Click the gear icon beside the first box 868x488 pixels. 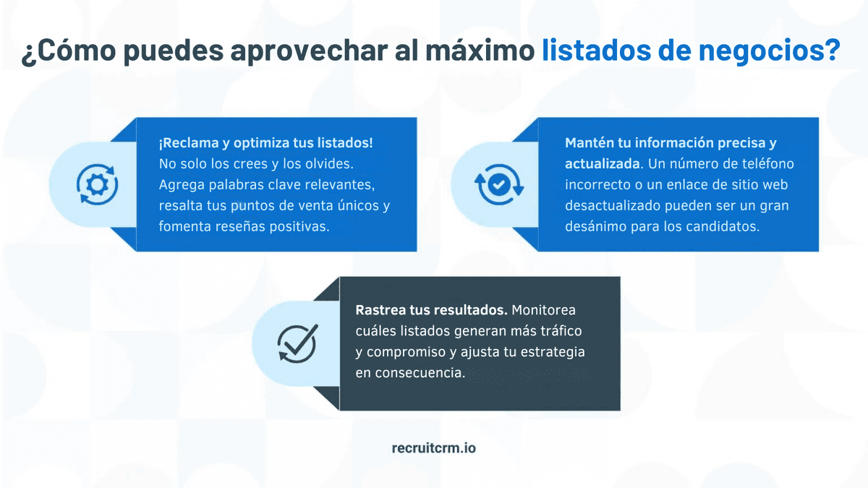pyautogui.click(x=93, y=185)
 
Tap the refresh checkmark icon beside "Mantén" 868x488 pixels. pyautogui.click(x=498, y=185)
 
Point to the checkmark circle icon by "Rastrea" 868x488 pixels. pyautogui.click(x=297, y=343)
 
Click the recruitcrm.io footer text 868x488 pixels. pyautogui.click(x=433, y=448)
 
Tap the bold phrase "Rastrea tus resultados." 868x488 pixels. pyautogui.click(x=431, y=310)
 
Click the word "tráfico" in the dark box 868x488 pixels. pyautogui.click(x=558, y=331)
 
